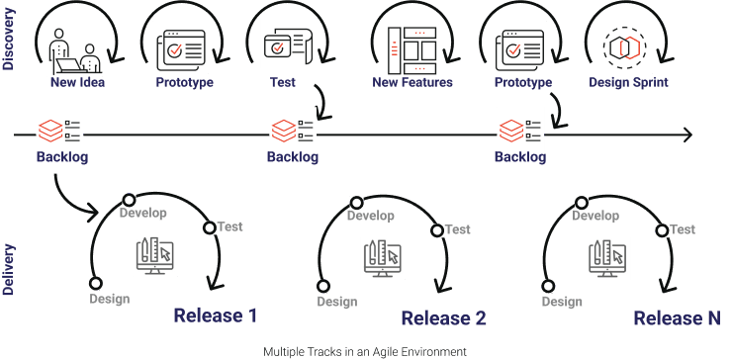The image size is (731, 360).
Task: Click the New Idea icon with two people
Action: (76, 50)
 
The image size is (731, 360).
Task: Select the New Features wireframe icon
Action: (411, 46)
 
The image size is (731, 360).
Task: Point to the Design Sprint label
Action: (627, 82)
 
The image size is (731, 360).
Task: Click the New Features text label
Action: (412, 82)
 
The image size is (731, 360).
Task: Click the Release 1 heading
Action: (216, 316)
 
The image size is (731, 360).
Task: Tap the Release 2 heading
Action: (443, 318)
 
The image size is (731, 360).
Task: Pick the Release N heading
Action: (677, 317)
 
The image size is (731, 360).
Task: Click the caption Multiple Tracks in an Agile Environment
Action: (364, 351)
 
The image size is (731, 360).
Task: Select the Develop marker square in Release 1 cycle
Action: (128, 199)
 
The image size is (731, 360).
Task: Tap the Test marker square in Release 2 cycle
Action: (435, 231)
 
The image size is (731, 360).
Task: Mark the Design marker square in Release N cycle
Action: (547, 286)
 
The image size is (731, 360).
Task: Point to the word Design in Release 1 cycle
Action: (109, 299)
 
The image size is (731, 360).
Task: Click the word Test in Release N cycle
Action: (683, 229)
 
